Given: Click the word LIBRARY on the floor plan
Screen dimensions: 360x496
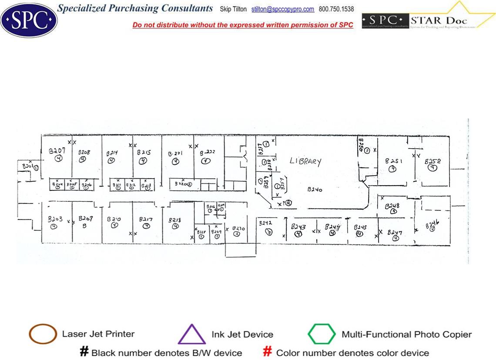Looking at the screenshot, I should coord(305,161).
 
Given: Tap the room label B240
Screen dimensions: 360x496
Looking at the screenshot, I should coord(315,190).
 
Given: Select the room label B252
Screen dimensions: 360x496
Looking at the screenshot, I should coord(432,160).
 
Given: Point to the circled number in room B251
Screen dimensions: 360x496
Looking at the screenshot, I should coord(392,169).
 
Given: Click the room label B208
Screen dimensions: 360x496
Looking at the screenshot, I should coord(84,153).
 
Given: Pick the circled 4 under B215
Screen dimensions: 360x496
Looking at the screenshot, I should coord(143,161).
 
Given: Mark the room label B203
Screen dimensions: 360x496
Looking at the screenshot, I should coord(55,219).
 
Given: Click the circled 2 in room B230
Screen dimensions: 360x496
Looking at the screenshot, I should coord(236,233).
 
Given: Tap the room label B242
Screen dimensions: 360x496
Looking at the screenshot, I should coord(265,223).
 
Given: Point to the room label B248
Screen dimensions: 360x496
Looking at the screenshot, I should coord(392,205).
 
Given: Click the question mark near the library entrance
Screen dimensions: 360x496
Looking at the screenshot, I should coord(283,202).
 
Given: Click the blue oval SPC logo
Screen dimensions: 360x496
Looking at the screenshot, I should coord(29,19).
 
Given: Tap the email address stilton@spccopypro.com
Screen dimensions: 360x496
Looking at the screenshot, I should coord(282,9).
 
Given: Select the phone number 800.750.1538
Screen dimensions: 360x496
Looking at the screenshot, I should coord(336,9).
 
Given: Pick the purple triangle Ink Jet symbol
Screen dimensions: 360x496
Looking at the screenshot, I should coord(191,334).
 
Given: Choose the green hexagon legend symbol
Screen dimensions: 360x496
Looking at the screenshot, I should coord(322,334).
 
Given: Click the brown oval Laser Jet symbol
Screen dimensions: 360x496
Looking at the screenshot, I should coord(43,334).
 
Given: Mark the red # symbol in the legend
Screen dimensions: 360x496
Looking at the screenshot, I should coord(268,352).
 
